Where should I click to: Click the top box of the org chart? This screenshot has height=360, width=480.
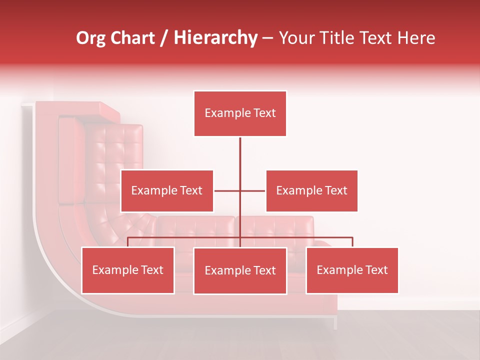click(240, 113)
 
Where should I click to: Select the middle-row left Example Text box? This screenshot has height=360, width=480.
click(167, 191)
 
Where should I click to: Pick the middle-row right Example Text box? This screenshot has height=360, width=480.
click(311, 191)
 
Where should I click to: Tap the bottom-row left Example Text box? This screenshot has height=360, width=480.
click(128, 270)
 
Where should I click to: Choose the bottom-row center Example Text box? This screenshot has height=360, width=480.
click(240, 270)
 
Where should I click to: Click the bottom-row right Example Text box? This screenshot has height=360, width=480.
click(352, 270)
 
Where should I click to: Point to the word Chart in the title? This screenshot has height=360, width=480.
click(132, 38)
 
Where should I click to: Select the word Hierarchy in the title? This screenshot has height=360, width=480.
click(215, 38)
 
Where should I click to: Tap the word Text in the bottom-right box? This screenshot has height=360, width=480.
click(375, 270)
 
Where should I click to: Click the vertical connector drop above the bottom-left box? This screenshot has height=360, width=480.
click(128, 242)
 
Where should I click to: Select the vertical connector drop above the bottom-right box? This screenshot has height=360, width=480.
click(352, 242)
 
